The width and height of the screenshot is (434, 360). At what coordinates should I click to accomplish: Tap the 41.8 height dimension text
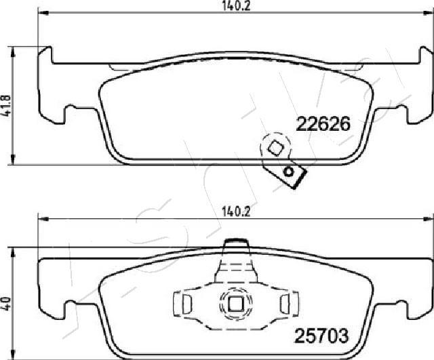coord(7,106)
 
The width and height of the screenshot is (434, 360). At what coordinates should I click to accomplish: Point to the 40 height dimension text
coord(7,302)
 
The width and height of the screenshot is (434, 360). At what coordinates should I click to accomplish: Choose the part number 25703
coord(321,334)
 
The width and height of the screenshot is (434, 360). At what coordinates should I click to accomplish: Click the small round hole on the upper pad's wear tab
coord(290,172)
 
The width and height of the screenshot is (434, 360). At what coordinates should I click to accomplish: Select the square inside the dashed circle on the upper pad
coord(275,147)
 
